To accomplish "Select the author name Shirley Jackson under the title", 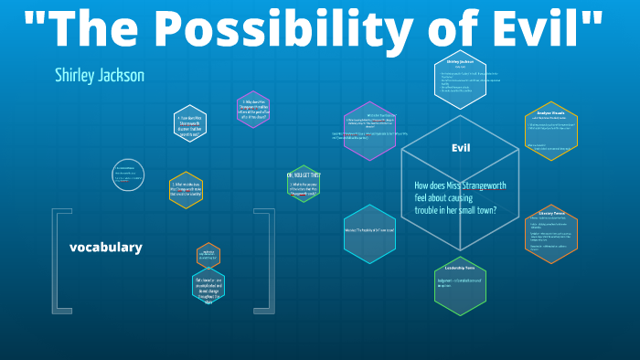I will pos(99,75).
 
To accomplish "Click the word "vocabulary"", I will pos(105,247).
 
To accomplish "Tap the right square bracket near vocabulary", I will pos(266,261).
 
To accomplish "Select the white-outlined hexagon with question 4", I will pos(190,123).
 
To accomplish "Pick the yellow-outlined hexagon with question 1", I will pos(187,189).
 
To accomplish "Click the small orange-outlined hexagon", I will pos(208,255).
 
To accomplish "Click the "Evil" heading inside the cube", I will pos(460,148).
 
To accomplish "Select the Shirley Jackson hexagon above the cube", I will pos(464,79).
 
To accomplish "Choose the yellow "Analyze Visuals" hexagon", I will pos(551,129).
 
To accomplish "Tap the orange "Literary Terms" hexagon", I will pos(551,232).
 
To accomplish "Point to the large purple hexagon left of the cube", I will pos(369,130).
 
